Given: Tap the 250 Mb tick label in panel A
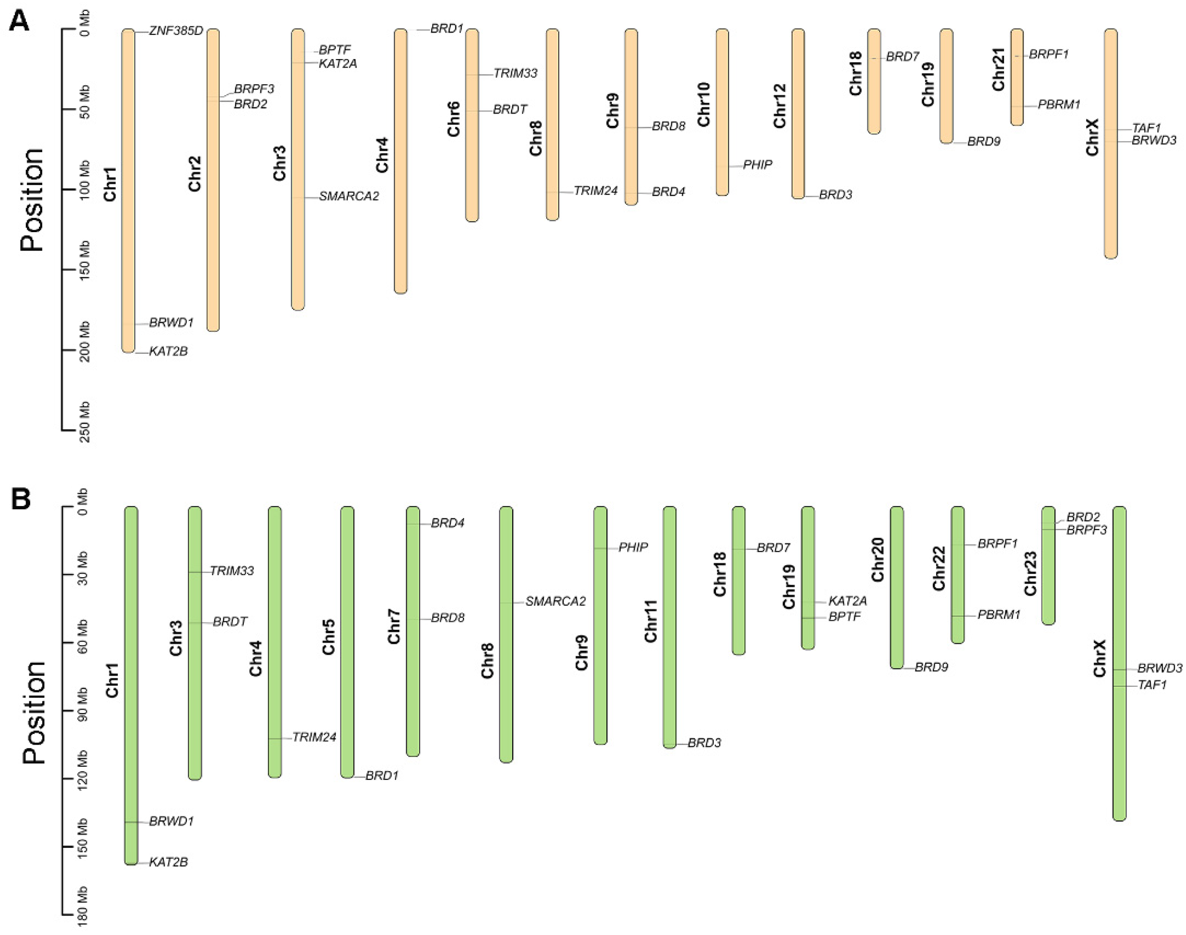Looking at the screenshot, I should coord(84,422).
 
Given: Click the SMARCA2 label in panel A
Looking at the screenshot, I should coord(349,196).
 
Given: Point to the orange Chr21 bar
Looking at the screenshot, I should coord(1017,77).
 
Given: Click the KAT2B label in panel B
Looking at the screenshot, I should coord(169,862).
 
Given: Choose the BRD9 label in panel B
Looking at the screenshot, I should coord(931,667).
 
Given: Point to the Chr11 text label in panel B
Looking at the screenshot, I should coord(650,621).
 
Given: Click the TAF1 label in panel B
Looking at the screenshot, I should coord(1152,685).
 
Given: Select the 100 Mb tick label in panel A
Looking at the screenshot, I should coord(84,181).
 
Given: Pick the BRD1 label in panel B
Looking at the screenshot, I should coord(382,776).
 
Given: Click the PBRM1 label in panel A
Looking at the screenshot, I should coord(1059,104).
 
